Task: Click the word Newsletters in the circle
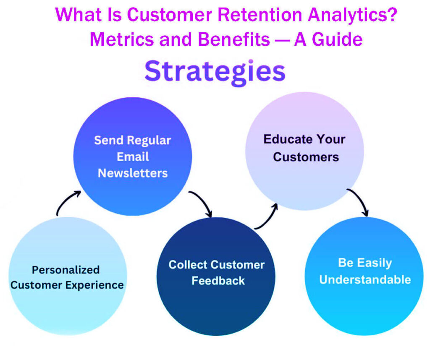(x=133, y=173)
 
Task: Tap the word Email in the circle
(x=133, y=157)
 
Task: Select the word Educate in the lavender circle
(x=288, y=139)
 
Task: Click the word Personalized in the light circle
(x=66, y=269)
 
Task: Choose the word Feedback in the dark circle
(x=218, y=281)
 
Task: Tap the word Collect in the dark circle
(x=188, y=265)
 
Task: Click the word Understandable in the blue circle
(x=365, y=279)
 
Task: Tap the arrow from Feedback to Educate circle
(x=268, y=216)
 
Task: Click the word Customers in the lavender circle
(x=306, y=157)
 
